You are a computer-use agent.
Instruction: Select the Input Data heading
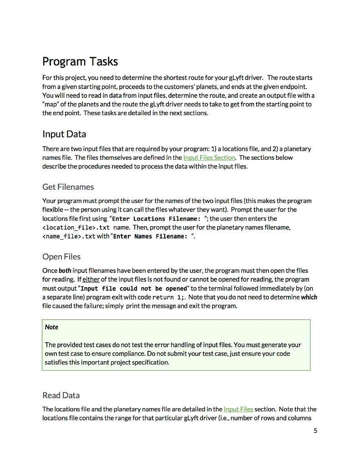pos(64,134)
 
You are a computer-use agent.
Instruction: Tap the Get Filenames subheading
pos(68,187)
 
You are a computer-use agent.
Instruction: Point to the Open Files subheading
pos(61,257)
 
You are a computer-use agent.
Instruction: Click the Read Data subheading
pos(61,395)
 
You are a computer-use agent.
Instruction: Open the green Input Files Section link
pos(209,157)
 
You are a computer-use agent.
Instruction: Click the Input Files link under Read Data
pos(238,409)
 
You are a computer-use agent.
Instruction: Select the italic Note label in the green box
pos(51,327)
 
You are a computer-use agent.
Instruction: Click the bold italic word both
pos(64,271)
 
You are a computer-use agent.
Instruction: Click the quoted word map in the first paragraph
pos(52,104)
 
